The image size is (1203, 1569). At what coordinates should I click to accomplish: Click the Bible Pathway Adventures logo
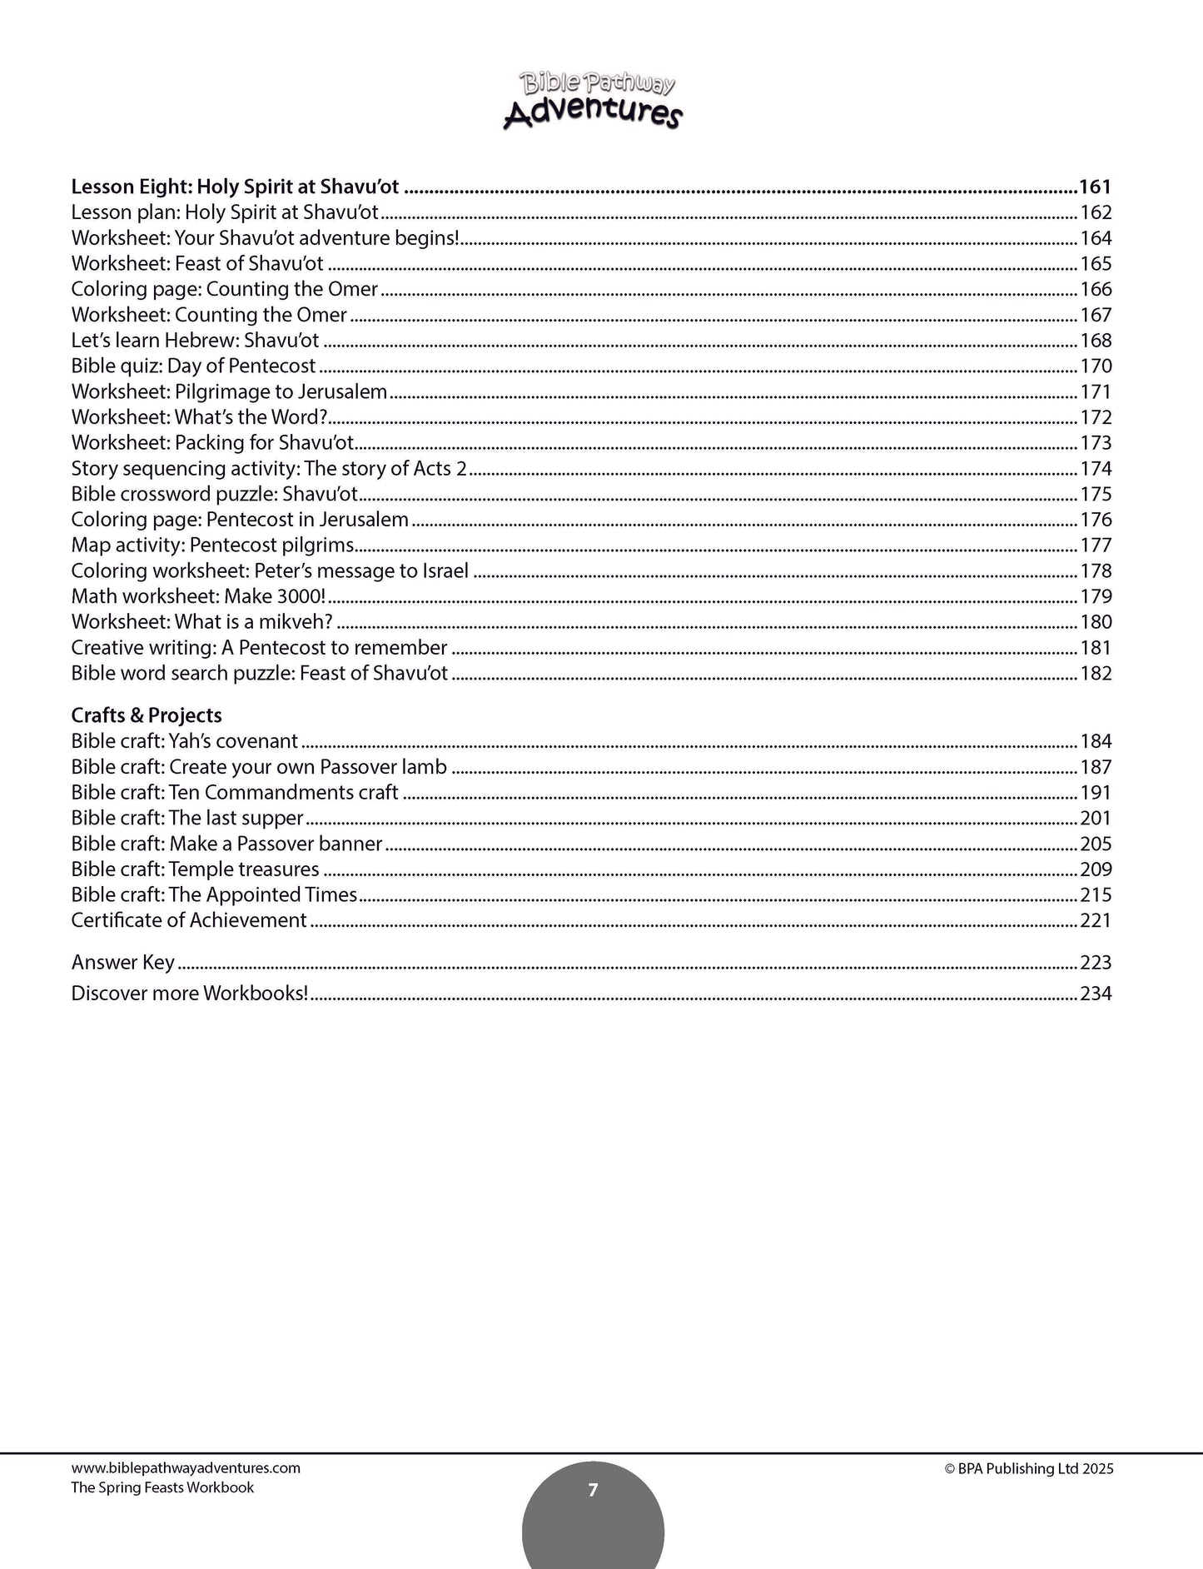tap(592, 99)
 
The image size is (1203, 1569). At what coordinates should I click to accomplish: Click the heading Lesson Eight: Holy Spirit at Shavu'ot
tap(235, 187)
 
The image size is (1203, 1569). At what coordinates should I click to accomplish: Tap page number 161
tap(1095, 187)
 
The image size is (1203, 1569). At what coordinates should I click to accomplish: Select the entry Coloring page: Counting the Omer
tap(225, 290)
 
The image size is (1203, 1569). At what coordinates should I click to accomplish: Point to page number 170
tap(1096, 366)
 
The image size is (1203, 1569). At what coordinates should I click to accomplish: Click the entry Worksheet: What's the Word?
tap(199, 418)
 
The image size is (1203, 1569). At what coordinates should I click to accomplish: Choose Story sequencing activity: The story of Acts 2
tap(269, 469)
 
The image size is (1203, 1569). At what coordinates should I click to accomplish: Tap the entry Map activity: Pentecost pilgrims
tap(212, 545)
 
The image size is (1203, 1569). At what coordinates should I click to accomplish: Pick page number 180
tap(1096, 622)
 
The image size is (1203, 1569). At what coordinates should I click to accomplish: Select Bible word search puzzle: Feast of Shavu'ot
tap(259, 674)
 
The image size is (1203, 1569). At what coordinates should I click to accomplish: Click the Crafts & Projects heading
tap(147, 715)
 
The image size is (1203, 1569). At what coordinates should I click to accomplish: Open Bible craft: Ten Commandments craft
tap(235, 793)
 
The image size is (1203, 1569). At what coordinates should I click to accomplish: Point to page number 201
tap(1096, 819)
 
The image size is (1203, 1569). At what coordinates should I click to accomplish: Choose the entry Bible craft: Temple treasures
tap(195, 869)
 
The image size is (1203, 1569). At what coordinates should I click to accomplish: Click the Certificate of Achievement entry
tap(189, 921)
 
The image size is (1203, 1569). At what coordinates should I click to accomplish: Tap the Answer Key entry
tap(123, 963)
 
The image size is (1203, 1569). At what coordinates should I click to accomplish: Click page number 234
tap(1096, 994)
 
